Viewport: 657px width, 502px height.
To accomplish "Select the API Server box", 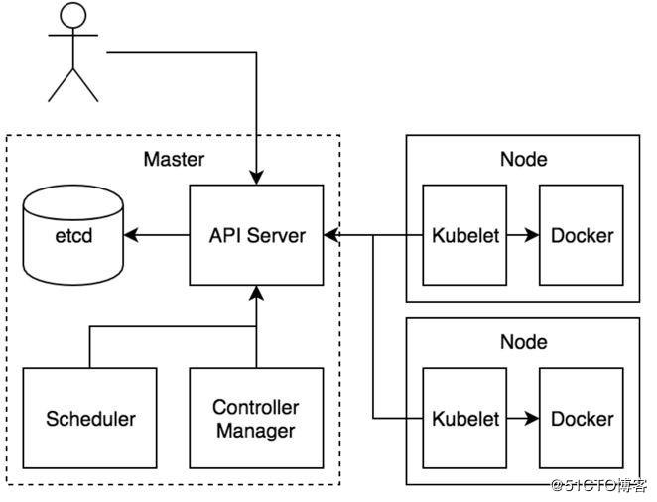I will [x=257, y=235].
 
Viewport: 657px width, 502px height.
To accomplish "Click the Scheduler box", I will [x=90, y=418].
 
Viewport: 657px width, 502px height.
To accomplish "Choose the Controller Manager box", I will [x=256, y=418].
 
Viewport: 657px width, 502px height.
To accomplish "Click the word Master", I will [x=174, y=159].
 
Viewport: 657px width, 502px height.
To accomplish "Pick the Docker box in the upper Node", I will [x=582, y=235].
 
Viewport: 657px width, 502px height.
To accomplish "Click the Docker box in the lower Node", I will [x=582, y=418].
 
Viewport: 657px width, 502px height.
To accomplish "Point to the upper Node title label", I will [x=523, y=159].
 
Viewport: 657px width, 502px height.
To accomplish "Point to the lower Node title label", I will [x=523, y=342].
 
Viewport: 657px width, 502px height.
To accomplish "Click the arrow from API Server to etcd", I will [x=157, y=235].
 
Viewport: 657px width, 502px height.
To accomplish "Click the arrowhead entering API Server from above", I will [x=257, y=178].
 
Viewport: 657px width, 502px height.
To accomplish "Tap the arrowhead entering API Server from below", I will [x=257, y=293].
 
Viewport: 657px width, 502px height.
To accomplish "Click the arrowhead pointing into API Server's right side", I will [x=331, y=235].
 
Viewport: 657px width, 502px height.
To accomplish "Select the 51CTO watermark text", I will [x=597, y=485].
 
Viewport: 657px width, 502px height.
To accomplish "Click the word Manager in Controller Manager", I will [x=256, y=431].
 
